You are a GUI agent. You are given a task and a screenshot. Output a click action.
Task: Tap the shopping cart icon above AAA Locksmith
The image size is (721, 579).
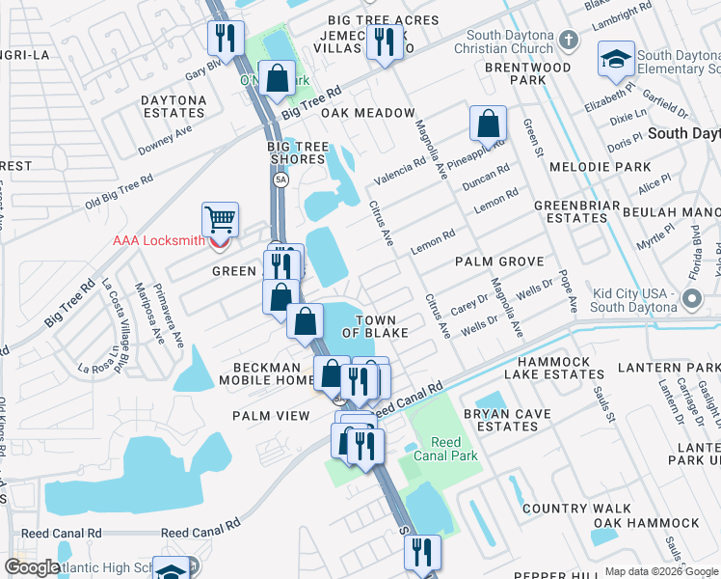click(220, 219)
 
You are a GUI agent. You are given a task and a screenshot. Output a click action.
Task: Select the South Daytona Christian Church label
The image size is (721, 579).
click(509, 42)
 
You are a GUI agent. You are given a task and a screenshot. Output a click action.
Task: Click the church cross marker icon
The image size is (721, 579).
click(569, 40)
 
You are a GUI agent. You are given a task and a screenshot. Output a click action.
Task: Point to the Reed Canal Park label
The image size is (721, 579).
click(445, 449)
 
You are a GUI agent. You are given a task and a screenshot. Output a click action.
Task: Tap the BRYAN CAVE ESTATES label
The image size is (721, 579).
click(507, 420)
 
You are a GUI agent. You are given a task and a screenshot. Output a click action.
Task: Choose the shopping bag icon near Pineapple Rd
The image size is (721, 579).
click(489, 124)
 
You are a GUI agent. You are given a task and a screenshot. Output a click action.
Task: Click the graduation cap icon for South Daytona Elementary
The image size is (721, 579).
click(615, 60)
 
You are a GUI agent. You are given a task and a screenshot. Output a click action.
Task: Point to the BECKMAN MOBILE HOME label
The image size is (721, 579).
click(272, 373)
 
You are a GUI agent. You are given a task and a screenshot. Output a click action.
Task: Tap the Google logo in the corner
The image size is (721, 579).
click(31, 567)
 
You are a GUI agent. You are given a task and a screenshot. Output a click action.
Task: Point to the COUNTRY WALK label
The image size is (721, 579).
click(576, 509)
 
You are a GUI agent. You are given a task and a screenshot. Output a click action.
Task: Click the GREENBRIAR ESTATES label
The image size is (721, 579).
click(572, 211)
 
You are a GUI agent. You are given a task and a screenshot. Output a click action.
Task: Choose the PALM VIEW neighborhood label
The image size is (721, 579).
click(271, 416)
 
